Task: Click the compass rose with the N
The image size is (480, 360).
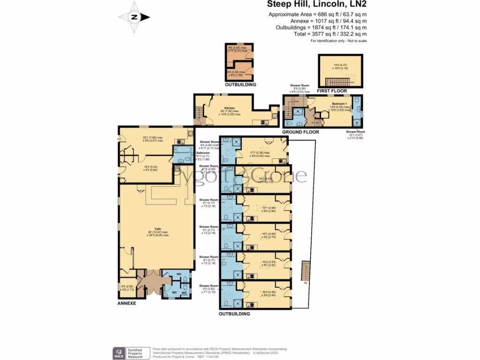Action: point(135,17)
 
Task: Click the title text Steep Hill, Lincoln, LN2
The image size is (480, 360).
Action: point(316,5)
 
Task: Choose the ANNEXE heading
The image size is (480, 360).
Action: point(127,304)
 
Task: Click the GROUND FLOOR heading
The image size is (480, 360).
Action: point(300,132)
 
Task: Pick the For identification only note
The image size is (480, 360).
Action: point(338,41)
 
